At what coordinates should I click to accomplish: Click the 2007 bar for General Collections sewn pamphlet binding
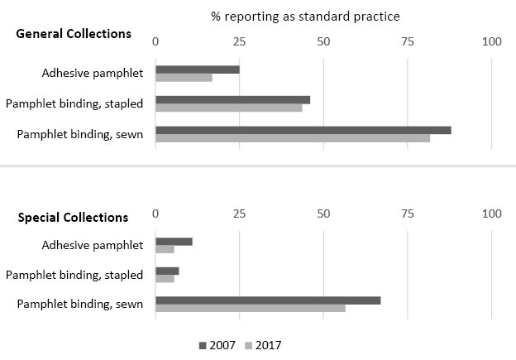click(303, 129)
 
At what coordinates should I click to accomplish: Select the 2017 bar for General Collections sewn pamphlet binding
click(293, 137)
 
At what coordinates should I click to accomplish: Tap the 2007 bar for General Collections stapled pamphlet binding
click(232, 99)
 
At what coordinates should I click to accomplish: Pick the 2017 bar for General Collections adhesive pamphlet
click(184, 78)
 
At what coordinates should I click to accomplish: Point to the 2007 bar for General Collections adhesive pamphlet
click(197, 70)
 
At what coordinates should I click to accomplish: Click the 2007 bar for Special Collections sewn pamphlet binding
click(268, 300)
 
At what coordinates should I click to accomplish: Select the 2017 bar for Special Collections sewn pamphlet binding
click(250, 308)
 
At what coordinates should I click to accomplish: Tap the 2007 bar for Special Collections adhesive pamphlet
click(174, 242)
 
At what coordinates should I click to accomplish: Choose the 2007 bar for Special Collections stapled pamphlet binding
click(167, 271)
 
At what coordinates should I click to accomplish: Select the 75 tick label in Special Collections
click(408, 214)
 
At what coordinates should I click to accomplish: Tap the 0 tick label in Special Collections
click(155, 214)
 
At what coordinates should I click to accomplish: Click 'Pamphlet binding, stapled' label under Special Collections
click(74, 275)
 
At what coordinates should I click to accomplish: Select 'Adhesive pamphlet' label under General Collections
click(93, 74)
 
